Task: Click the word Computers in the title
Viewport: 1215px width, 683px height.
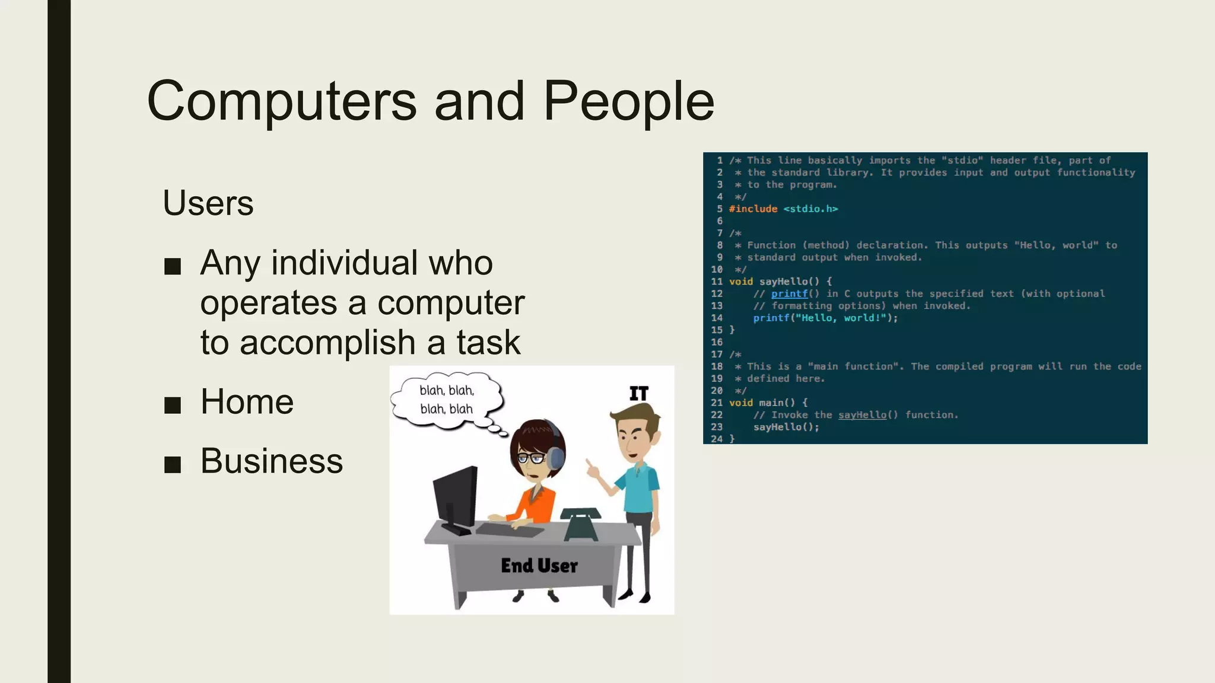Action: (x=281, y=102)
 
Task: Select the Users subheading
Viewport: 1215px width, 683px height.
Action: (x=208, y=203)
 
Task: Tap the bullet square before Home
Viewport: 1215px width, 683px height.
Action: (x=173, y=405)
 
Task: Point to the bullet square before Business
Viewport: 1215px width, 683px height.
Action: (x=173, y=464)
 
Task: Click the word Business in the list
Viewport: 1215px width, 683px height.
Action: (x=272, y=461)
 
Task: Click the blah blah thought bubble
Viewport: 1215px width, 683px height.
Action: (x=447, y=400)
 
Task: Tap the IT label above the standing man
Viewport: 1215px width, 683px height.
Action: (x=639, y=394)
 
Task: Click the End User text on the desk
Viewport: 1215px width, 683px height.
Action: (x=539, y=566)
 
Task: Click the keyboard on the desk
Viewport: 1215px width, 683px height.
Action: (x=510, y=529)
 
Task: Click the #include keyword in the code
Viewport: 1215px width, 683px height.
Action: (x=753, y=209)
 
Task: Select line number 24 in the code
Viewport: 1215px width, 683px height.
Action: (x=717, y=439)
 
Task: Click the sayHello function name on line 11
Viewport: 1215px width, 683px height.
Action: (x=783, y=282)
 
